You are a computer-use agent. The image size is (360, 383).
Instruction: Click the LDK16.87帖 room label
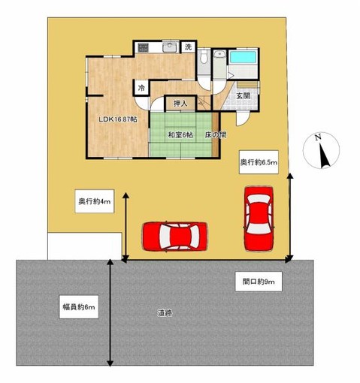[117, 119]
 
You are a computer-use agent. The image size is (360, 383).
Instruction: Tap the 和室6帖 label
[180, 135]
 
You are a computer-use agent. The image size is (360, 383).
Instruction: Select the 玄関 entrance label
[244, 95]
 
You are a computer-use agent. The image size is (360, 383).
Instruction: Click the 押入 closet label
[180, 104]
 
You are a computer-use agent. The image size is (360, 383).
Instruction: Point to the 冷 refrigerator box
[142, 88]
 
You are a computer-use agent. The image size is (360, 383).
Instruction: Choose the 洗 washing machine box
[189, 47]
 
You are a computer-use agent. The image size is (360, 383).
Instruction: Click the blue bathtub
[243, 57]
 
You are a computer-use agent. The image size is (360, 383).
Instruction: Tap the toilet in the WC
[204, 56]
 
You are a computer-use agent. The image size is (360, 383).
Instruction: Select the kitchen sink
[170, 47]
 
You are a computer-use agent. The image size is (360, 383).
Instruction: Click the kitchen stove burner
[143, 47]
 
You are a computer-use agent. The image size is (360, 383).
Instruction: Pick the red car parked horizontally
[175, 236]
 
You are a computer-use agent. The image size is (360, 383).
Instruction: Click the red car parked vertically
[259, 219]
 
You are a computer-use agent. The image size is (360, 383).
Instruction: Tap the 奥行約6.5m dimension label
[259, 162]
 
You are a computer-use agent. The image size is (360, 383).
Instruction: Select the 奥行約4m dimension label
[95, 201]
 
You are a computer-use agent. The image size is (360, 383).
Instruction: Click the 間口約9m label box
[259, 282]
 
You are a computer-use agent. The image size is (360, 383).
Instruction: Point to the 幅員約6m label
[79, 307]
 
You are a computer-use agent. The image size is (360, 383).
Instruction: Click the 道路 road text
[165, 312]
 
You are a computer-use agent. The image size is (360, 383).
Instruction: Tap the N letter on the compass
[318, 137]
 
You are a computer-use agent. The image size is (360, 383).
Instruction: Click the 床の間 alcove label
[216, 135]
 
